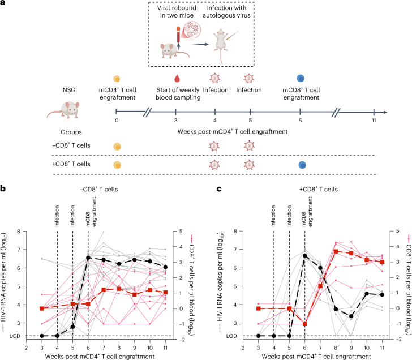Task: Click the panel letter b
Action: click(3, 188)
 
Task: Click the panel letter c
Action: click(219, 189)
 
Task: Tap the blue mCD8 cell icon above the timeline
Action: click(301, 79)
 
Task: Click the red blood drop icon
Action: click(177, 78)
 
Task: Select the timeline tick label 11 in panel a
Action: click(374, 121)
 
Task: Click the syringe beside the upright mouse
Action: click(232, 36)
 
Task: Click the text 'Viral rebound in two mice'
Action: click(177, 11)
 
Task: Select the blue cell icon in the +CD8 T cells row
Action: click(302, 165)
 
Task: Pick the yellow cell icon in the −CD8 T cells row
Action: click(117, 147)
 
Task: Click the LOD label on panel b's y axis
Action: click(15, 336)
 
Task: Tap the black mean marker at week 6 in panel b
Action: click(88, 258)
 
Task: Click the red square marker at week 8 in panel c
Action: click(336, 251)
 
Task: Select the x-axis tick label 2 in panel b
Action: click(26, 348)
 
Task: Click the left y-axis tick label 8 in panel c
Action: click(235, 232)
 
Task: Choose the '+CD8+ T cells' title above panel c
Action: click(319, 189)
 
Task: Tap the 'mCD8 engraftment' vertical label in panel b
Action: click(91, 212)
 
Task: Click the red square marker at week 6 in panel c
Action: click(305, 324)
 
